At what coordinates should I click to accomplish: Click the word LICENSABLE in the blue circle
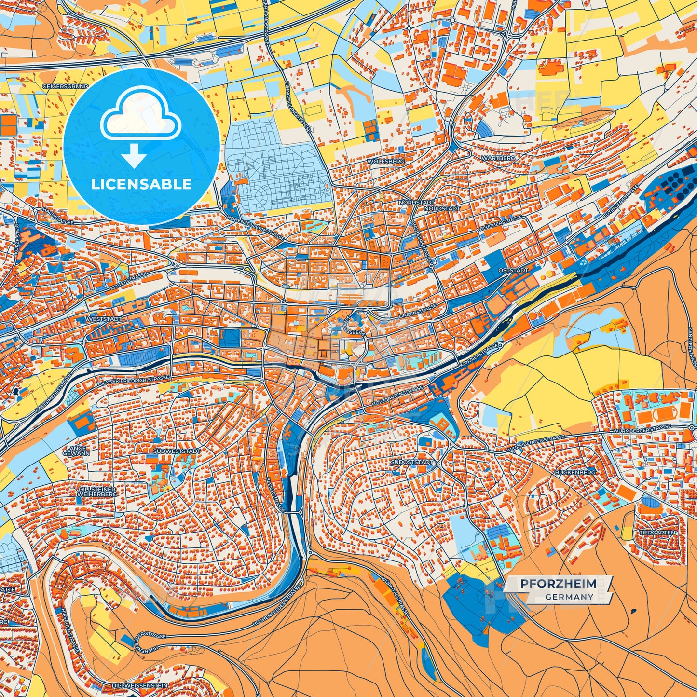point(141,184)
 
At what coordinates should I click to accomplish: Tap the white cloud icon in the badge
point(140,119)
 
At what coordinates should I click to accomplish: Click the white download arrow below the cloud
point(134,155)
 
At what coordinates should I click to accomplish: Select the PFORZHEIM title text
point(558,584)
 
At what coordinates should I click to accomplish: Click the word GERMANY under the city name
point(569,597)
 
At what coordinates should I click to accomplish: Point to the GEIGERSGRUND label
point(66,86)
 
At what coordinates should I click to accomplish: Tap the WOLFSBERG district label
point(386,161)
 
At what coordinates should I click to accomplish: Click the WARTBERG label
point(498,158)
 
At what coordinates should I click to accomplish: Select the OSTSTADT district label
point(513,270)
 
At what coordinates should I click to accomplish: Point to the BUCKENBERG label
point(575,472)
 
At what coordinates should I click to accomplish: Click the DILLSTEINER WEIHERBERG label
point(97,492)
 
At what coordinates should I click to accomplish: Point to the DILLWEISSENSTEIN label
point(139,685)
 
